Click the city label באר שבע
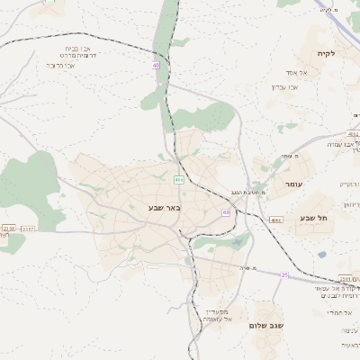165,208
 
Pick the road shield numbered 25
284,274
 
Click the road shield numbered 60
225,212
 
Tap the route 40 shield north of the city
156,65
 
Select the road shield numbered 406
179,180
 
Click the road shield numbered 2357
29,230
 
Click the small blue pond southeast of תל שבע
321,255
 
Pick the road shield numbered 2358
8,229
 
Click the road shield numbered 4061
276,219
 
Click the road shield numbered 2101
346,278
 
